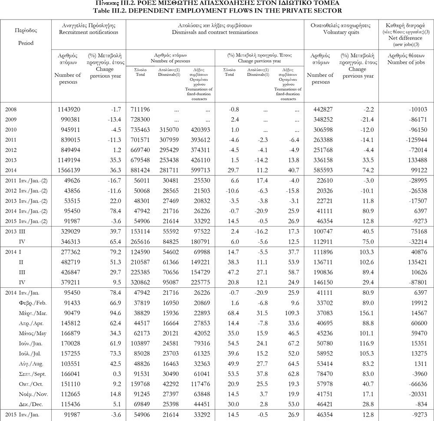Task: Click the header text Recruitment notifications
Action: coord(89,33)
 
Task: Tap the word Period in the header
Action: coord(26,43)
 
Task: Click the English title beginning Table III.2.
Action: coord(217,10)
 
